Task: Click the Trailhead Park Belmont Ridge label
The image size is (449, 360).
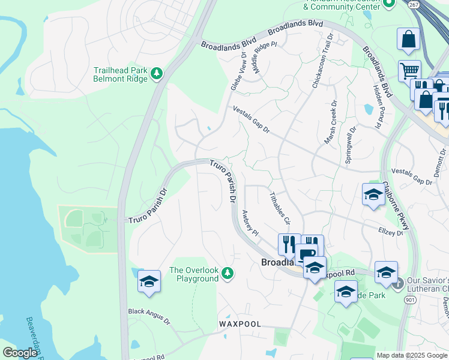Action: click(x=120, y=74)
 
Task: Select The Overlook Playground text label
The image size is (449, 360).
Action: click(x=194, y=274)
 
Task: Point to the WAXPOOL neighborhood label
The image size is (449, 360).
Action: click(x=240, y=324)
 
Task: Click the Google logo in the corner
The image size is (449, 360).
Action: click(x=20, y=353)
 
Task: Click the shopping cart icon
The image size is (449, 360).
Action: click(x=409, y=71)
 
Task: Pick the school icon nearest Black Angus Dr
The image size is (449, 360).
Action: click(x=149, y=281)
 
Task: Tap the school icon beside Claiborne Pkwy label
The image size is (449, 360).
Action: click(x=373, y=194)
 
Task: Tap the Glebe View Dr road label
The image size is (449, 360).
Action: click(x=238, y=71)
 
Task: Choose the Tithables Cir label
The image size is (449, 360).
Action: click(x=279, y=207)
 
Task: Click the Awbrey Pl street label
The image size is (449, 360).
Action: click(x=249, y=223)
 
